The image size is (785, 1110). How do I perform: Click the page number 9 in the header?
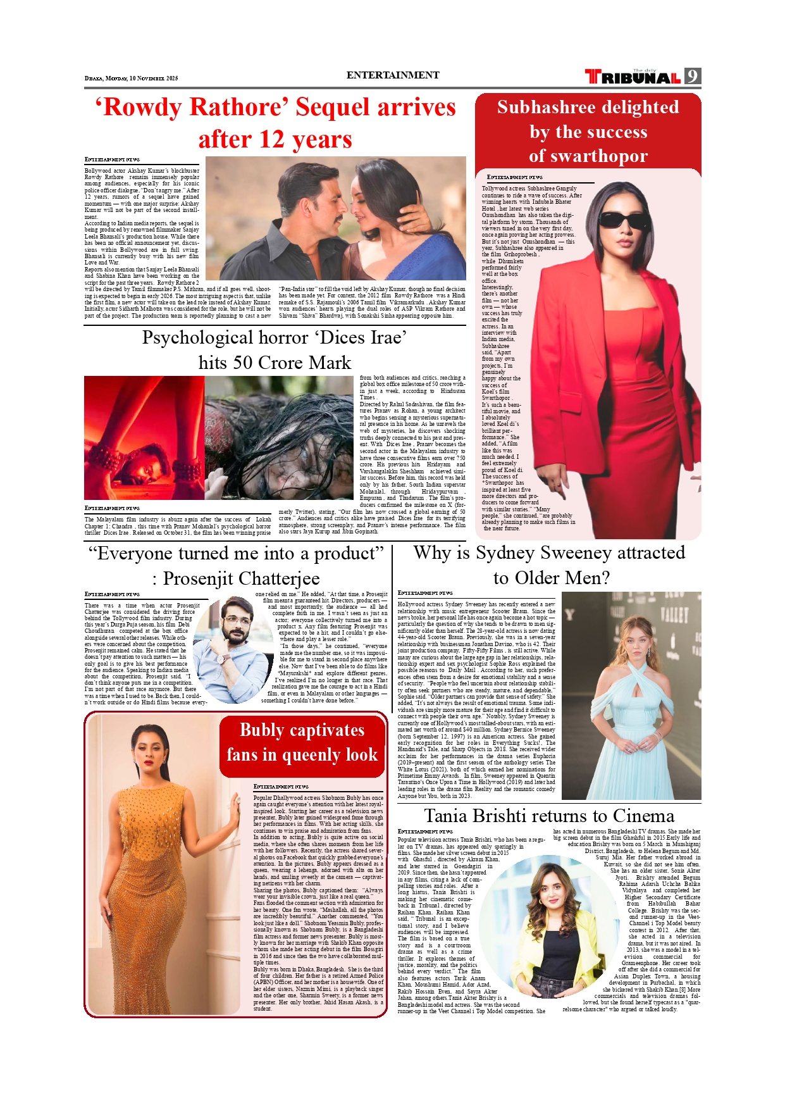[693, 77]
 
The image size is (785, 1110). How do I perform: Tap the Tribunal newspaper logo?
[633, 77]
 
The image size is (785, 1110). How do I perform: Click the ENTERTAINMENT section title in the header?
[392, 75]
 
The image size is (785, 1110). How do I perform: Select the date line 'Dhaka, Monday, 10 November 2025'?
[131, 78]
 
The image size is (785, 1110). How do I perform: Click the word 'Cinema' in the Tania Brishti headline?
[643, 816]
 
